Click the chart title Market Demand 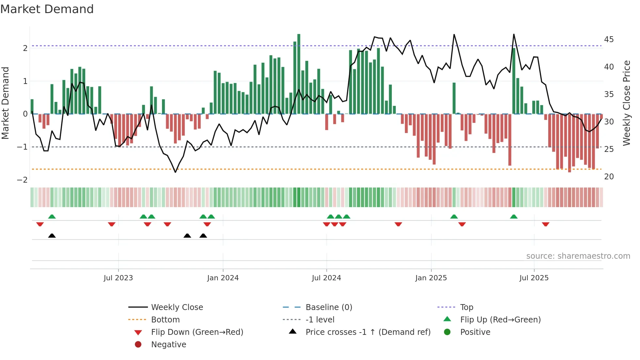(47, 9)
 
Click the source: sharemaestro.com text (578, 256)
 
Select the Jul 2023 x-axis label (118, 278)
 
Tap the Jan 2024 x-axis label (223, 278)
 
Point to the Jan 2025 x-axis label (431, 278)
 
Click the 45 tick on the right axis (609, 40)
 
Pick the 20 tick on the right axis (609, 177)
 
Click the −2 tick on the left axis (22, 180)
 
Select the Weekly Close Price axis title (626, 103)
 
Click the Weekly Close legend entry (177, 307)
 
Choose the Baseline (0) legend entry (328, 307)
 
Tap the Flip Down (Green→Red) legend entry (197, 332)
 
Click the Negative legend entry (168, 345)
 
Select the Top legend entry (467, 307)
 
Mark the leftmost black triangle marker (52, 236)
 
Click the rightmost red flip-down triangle (546, 224)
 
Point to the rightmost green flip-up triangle (514, 217)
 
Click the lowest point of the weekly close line (175, 172)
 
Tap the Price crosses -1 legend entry (368, 332)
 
